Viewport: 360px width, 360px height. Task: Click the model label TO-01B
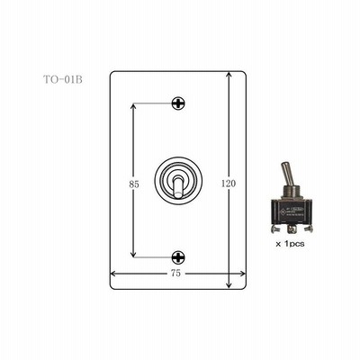(x=63, y=80)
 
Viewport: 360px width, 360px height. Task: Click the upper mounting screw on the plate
(x=178, y=103)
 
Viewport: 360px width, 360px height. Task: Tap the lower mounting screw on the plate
(x=178, y=257)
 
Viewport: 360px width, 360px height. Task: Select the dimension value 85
(x=134, y=184)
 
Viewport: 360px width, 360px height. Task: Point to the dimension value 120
(x=229, y=184)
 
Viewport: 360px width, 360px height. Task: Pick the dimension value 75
(x=175, y=274)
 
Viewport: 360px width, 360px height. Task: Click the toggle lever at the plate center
(x=178, y=187)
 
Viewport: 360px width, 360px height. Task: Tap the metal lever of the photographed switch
(x=286, y=175)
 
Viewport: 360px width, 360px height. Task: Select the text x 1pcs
(x=290, y=244)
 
